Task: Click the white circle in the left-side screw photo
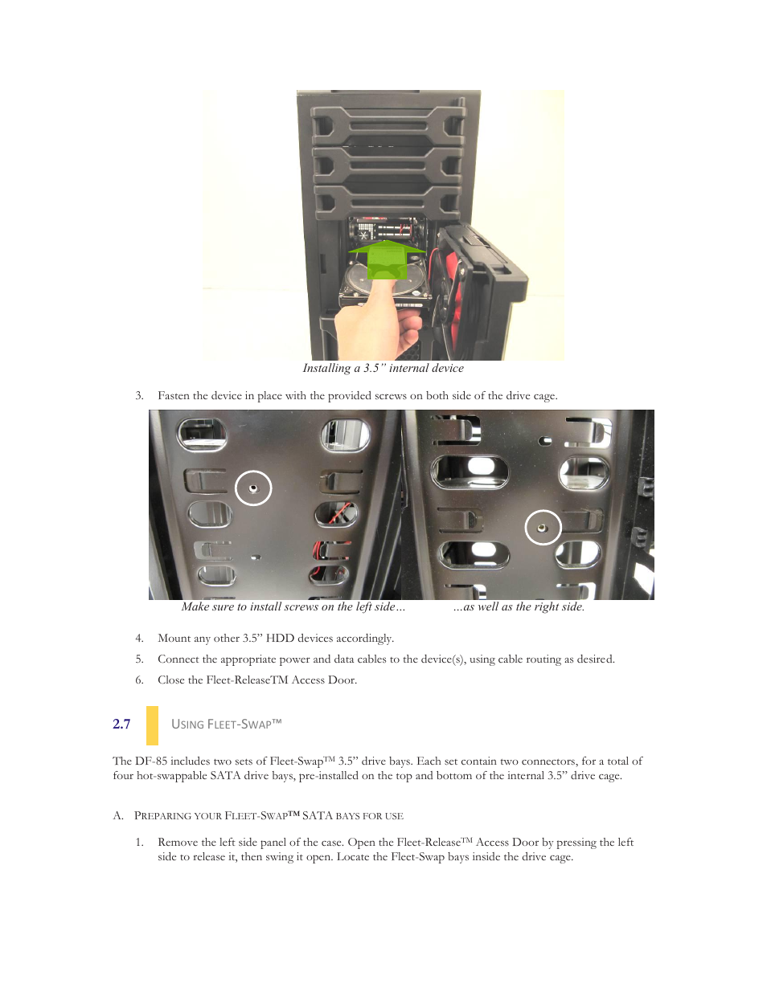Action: click(253, 488)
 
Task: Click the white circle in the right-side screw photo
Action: click(543, 528)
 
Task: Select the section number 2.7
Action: click(121, 725)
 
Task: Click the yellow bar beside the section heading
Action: click(152, 725)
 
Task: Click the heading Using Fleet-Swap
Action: click(226, 725)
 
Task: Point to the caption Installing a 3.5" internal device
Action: click(383, 369)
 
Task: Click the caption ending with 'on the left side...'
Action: click(293, 607)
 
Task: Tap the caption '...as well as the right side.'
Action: click(519, 607)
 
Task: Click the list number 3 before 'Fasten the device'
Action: click(139, 396)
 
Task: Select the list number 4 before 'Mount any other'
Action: click(139, 639)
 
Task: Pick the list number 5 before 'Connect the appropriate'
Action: click(139, 659)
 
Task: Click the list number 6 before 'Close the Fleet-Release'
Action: click(139, 680)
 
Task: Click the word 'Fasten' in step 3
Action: click(174, 396)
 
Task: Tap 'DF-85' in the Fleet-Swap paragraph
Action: click(151, 761)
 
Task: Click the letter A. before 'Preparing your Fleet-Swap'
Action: click(118, 816)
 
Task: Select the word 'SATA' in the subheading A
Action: click(317, 816)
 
